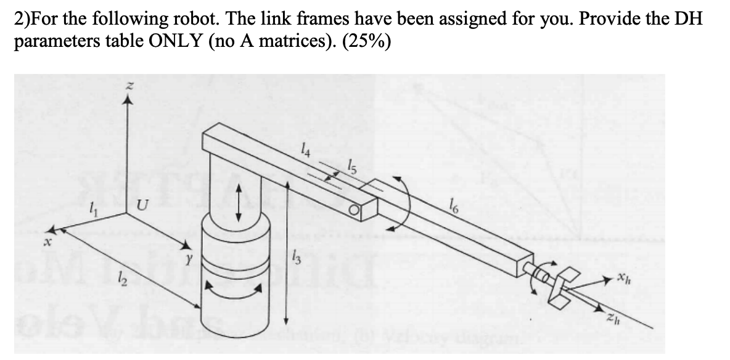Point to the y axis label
(x=174, y=254)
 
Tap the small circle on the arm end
(x=353, y=213)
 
